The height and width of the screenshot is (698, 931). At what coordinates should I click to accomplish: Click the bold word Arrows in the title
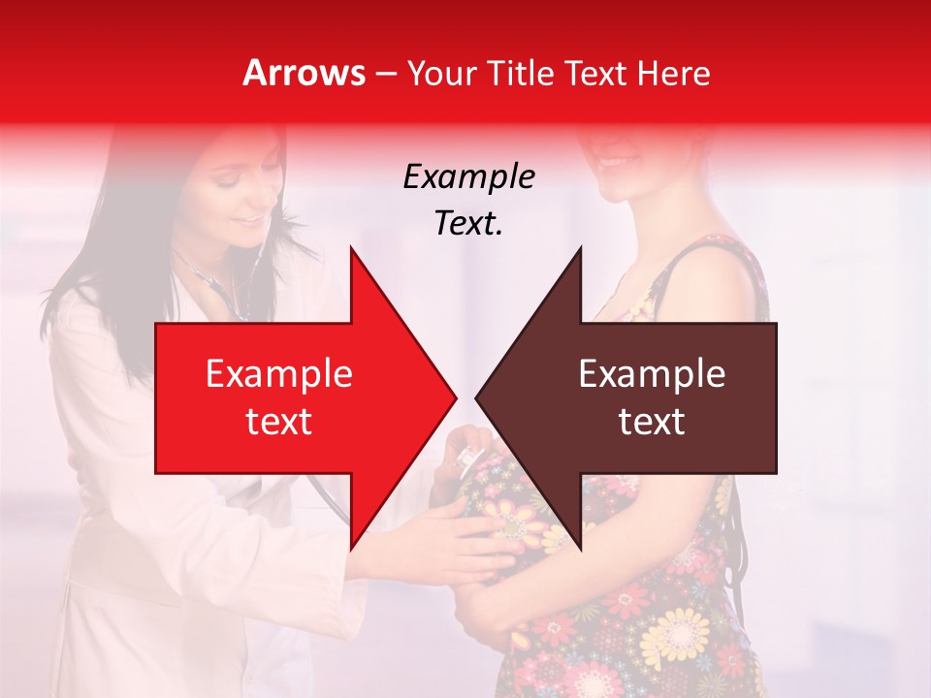[x=305, y=73]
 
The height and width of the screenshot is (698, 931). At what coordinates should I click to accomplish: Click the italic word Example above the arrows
[x=468, y=177]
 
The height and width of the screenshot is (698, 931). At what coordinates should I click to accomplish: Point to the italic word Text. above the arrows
[x=468, y=223]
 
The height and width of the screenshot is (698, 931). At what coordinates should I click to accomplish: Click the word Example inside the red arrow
[x=279, y=374]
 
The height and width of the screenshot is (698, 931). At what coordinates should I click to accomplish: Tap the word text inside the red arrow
[x=279, y=422]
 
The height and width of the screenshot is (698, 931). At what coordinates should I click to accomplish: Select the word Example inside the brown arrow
[x=652, y=374]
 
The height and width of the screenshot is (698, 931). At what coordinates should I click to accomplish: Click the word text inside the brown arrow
[x=652, y=422]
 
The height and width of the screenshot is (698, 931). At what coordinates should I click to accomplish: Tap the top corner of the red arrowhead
[x=351, y=248]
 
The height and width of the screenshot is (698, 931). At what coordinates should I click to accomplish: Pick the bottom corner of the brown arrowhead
[x=581, y=549]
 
